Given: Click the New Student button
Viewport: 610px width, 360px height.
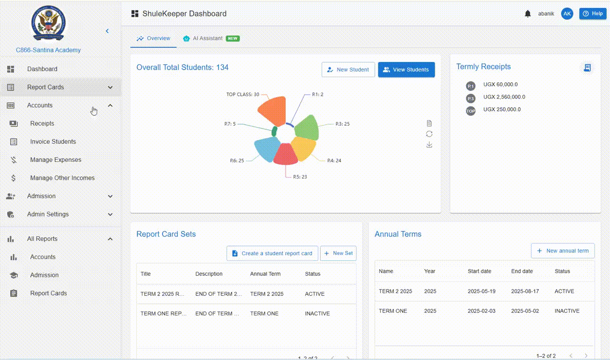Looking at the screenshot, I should (348, 70).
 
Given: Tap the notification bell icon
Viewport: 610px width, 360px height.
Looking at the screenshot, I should (528, 14).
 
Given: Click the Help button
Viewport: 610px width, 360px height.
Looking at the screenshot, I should (592, 14).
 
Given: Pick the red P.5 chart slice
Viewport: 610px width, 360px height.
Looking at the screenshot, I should (285, 154).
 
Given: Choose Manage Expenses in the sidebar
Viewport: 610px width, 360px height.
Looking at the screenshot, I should (56, 160).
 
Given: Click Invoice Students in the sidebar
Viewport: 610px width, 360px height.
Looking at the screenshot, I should (53, 142).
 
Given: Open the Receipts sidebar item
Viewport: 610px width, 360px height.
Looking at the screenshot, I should (42, 124).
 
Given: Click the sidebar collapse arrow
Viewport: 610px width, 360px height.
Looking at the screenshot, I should (107, 31).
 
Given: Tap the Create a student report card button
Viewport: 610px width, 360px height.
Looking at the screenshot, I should (272, 253).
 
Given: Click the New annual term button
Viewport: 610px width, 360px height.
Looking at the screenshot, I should (562, 251).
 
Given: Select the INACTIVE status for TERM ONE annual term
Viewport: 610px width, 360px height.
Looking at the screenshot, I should (567, 311).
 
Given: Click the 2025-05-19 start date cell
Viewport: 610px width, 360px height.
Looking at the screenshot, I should (481, 291).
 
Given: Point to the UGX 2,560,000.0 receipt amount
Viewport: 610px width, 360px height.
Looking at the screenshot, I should (504, 97).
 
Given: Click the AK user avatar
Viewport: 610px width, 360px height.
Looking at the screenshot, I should (567, 14).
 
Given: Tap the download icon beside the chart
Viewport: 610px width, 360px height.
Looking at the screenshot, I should (429, 145).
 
